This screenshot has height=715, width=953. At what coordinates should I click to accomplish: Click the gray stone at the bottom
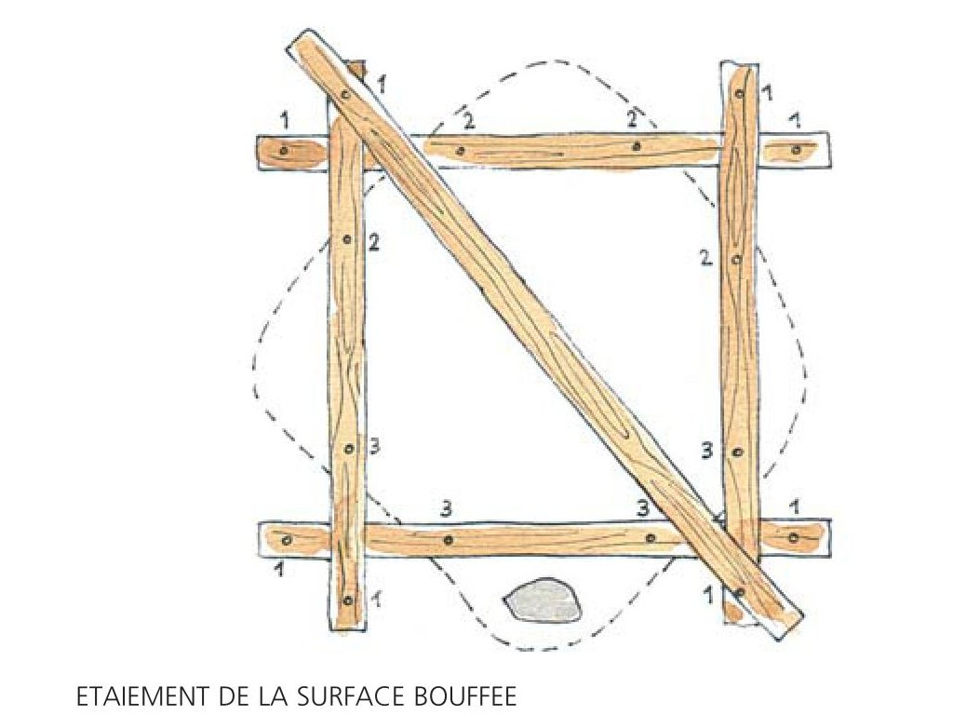[543, 600]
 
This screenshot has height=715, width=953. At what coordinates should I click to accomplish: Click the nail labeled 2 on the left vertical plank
[347, 239]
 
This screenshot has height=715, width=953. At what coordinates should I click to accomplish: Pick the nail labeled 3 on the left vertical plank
[349, 450]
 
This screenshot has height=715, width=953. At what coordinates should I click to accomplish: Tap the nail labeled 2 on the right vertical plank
[736, 260]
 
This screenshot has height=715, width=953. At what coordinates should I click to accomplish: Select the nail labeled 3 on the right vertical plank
[738, 452]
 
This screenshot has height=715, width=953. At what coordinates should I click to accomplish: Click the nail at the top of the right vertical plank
[740, 94]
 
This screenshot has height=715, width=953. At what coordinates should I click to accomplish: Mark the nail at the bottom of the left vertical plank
[347, 600]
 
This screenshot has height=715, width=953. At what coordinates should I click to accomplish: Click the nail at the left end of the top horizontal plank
[283, 150]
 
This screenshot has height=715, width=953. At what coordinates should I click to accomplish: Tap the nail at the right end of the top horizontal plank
[797, 148]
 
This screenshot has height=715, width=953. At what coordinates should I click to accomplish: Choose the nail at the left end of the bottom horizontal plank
[289, 539]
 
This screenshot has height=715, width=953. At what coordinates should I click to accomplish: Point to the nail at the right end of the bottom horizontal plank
[794, 537]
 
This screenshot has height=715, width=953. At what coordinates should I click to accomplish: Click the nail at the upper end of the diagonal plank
[344, 94]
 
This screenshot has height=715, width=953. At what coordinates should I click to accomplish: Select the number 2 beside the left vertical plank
[374, 243]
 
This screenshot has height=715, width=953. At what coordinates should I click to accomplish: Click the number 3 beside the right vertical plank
[707, 451]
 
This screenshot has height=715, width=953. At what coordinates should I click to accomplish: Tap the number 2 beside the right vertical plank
[705, 258]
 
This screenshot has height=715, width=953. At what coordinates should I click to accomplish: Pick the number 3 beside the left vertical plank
[374, 447]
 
